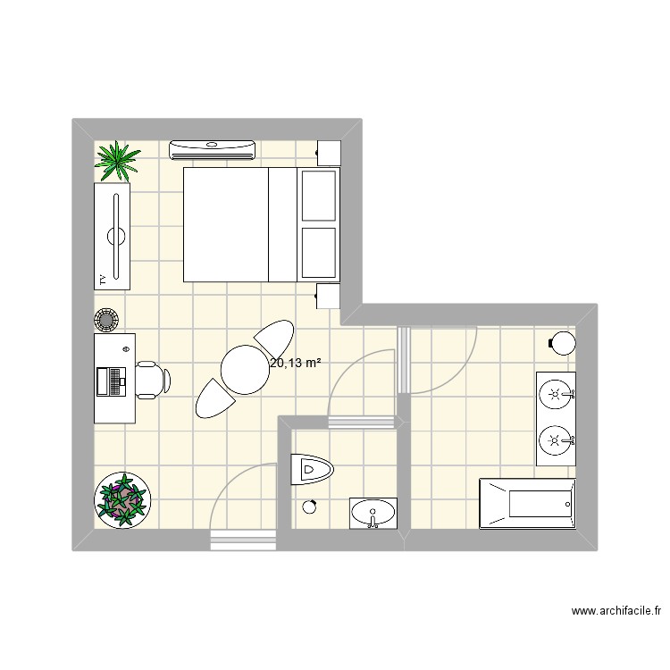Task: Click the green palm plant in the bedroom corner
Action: [118, 160]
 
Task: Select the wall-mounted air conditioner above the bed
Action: [214, 149]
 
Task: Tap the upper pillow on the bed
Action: [320, 196]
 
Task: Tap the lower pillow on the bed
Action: [320, 252]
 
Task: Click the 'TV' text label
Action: [104, 279]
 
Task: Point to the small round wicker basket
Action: [106, 318]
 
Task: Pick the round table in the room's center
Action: [244, 370]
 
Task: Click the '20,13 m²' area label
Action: [295, 363]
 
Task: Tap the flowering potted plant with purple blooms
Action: [123, 498]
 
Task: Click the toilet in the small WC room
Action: [311, 468]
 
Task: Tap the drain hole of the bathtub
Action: [567, 505]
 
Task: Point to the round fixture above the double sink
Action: [562, 342]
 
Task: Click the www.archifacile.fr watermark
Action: [616, 612]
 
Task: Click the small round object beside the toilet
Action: [310, 507]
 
